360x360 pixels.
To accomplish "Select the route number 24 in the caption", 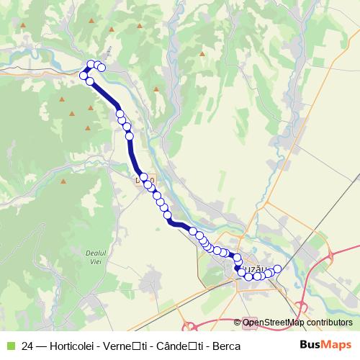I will tap(27, 345).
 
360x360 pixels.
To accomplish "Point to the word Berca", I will tap(226, 345).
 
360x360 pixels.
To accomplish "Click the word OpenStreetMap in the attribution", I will tap(275, 323).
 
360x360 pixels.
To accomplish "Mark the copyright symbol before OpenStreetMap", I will tap(238, 323).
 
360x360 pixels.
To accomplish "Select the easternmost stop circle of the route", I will tap(277, 269).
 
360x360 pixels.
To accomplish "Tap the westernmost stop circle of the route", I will tap(84, 76).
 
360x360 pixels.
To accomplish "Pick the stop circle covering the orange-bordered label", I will tap(143, 177).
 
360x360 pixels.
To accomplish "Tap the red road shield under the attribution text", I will tap(247, 323).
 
